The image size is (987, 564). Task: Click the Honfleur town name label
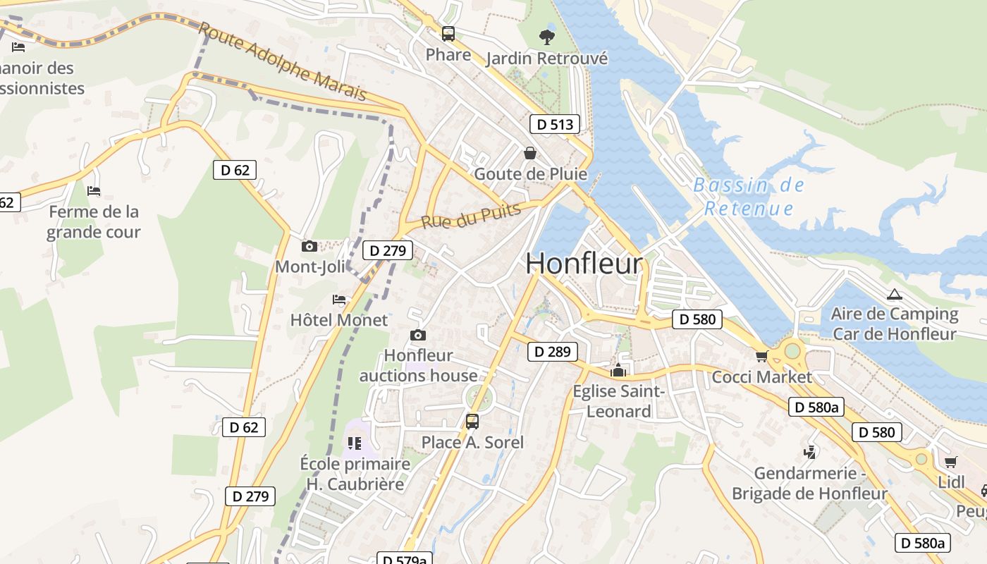click(584, 264)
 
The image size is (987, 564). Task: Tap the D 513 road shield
click(554, 124)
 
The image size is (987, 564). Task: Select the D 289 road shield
click(552, 351)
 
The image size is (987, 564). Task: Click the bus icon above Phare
click(448, 33)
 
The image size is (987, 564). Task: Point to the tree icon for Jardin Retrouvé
click(546, 37)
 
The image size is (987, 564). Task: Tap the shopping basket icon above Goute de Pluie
click(530, 152)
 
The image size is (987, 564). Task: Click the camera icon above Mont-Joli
click(309, 246)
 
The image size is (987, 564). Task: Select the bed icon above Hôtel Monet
click(339, 300)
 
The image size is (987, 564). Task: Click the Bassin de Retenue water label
click(749, 197)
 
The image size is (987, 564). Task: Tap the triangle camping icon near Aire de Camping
click(895, 294)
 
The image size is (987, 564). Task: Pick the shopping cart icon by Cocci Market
click(761, 356)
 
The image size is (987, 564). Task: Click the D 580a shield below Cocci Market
click(816, 407)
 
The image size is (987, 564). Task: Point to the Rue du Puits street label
click(470, 215)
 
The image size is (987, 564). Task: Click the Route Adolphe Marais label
click(282, 61)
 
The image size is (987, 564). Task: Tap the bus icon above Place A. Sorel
click(472, 422)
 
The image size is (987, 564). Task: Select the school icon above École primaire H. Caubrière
click(354, 443)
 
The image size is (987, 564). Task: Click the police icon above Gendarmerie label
click(809, 452)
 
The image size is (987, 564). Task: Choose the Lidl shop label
click(951, 482)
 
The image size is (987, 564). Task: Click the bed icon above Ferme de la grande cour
click(94, 191)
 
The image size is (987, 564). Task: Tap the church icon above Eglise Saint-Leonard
click(618, 370)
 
